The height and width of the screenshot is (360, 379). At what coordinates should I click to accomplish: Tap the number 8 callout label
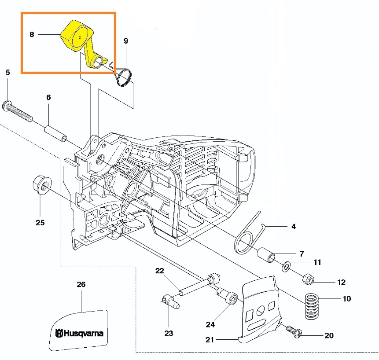[32, 34]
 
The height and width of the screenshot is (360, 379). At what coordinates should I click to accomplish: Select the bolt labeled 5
[18, 110]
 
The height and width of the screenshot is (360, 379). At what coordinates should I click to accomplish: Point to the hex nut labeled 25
[40, 185]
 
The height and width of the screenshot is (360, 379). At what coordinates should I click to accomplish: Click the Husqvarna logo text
[80, 333]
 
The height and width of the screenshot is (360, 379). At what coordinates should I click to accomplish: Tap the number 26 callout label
[81, 284]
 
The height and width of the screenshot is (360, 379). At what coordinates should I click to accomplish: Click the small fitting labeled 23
[170, 302]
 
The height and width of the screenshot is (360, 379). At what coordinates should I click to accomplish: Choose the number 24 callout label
[210, 324]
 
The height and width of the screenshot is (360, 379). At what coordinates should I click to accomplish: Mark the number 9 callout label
[126, 41]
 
